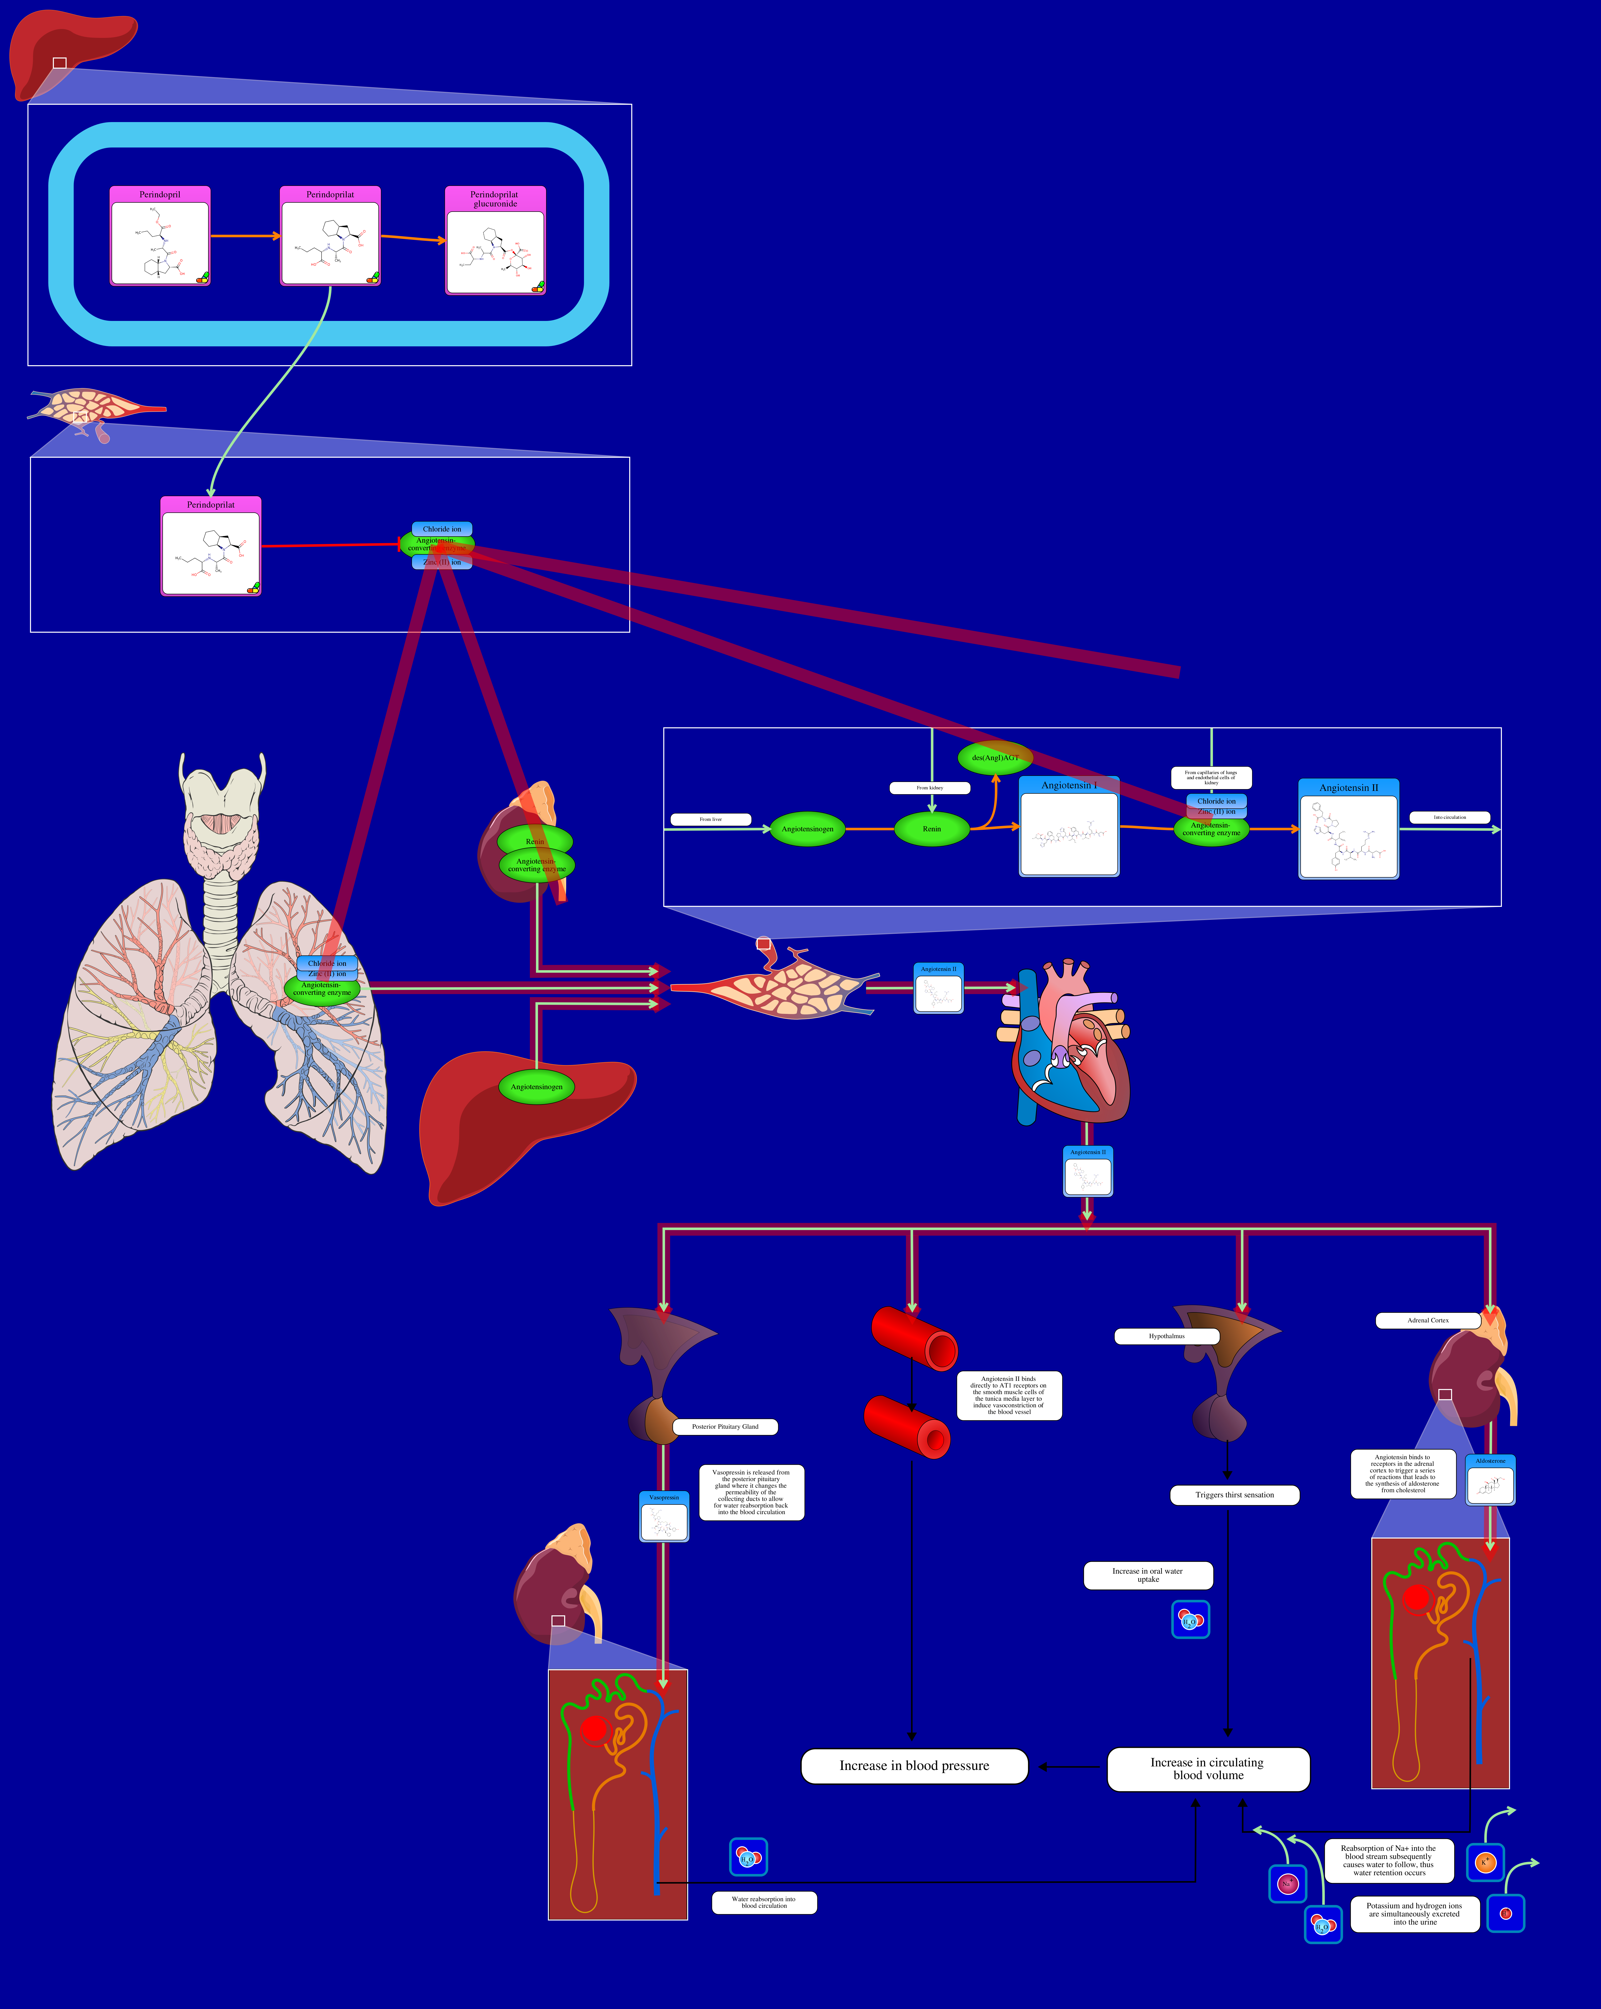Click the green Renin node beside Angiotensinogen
(x=931, y=828)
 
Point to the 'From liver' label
(x=711, y=819)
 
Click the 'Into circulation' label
(x=1449, y=817)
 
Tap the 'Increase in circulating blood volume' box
(x=1208, y=1769)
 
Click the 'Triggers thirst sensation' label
(x=1234, y=1495)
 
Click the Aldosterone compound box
(x=1490, y=1480)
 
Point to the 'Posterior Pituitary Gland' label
(x=725, y=1427)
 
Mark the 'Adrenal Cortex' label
(x=1428, y=1320)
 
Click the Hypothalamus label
(x=1166, y=1336)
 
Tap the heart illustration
(x=1066, y=1044)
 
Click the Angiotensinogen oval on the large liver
(x=536, y=1086)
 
